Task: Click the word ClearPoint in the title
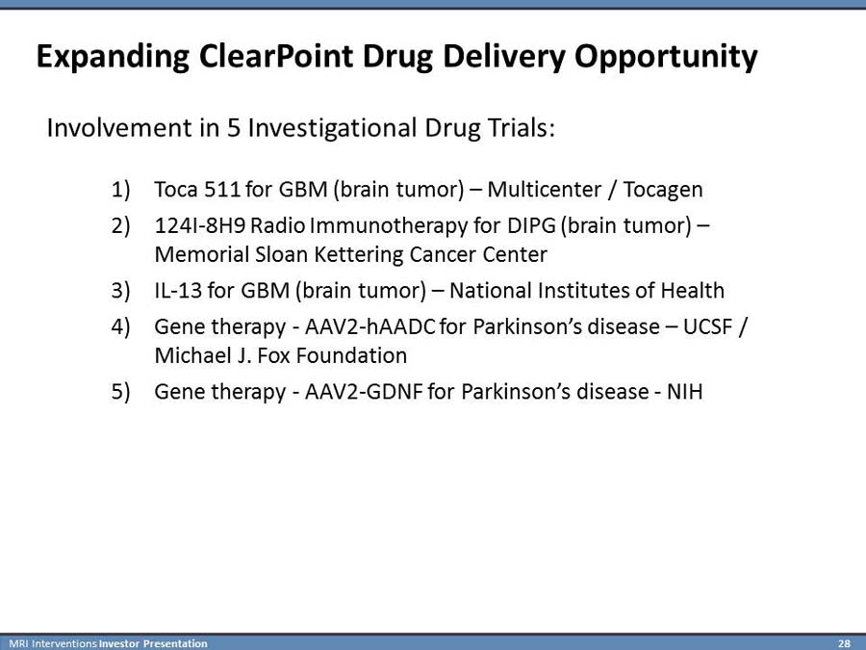275,56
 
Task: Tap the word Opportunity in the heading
666,58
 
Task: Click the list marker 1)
120,190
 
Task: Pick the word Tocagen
663,190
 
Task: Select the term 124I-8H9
200,225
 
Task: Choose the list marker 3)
120,291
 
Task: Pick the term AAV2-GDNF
364,392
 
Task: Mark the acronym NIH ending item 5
685,392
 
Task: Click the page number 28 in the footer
844,643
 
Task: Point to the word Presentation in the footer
175,643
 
